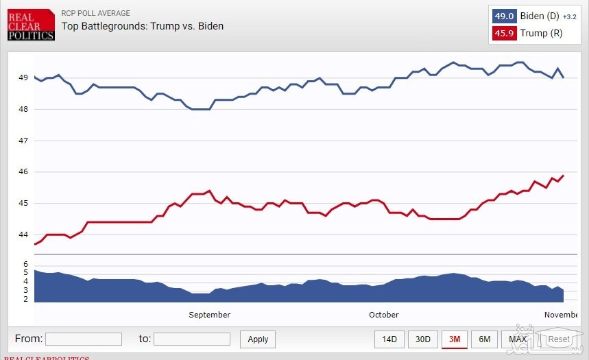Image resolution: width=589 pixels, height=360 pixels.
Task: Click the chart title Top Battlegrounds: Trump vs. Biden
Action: click(x=143, y=26)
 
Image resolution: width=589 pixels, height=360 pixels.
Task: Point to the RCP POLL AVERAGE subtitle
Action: click(x=95, y=13)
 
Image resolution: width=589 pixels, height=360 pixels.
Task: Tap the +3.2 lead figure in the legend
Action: click(x=570, y=17)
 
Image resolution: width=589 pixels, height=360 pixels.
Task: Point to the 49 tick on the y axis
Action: click(x=23, y=77)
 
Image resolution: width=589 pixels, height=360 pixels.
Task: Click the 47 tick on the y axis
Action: click(x=23, y=141)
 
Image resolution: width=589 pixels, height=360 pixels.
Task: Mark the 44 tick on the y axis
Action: click(x=23, y=235)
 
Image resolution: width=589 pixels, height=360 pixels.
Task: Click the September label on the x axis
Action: click(x=209, y=315)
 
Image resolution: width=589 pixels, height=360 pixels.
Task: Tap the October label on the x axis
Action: click(x=383, y=315)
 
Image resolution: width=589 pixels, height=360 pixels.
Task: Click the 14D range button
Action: click(x=389, y=339)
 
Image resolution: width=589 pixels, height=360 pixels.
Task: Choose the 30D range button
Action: click(x=423, y=339)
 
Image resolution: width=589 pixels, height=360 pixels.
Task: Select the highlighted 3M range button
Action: click(x=455, y=339)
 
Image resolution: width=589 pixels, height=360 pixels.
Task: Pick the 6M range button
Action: click(x=485, y=339)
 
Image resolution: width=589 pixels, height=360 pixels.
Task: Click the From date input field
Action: click(x=83, y=339)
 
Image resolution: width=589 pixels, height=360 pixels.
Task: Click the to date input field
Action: click(x=192, y=339)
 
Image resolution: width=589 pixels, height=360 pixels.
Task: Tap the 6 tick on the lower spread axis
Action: click(x=25, y=264)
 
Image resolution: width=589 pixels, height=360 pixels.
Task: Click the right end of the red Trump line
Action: click(x=563, y=176)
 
